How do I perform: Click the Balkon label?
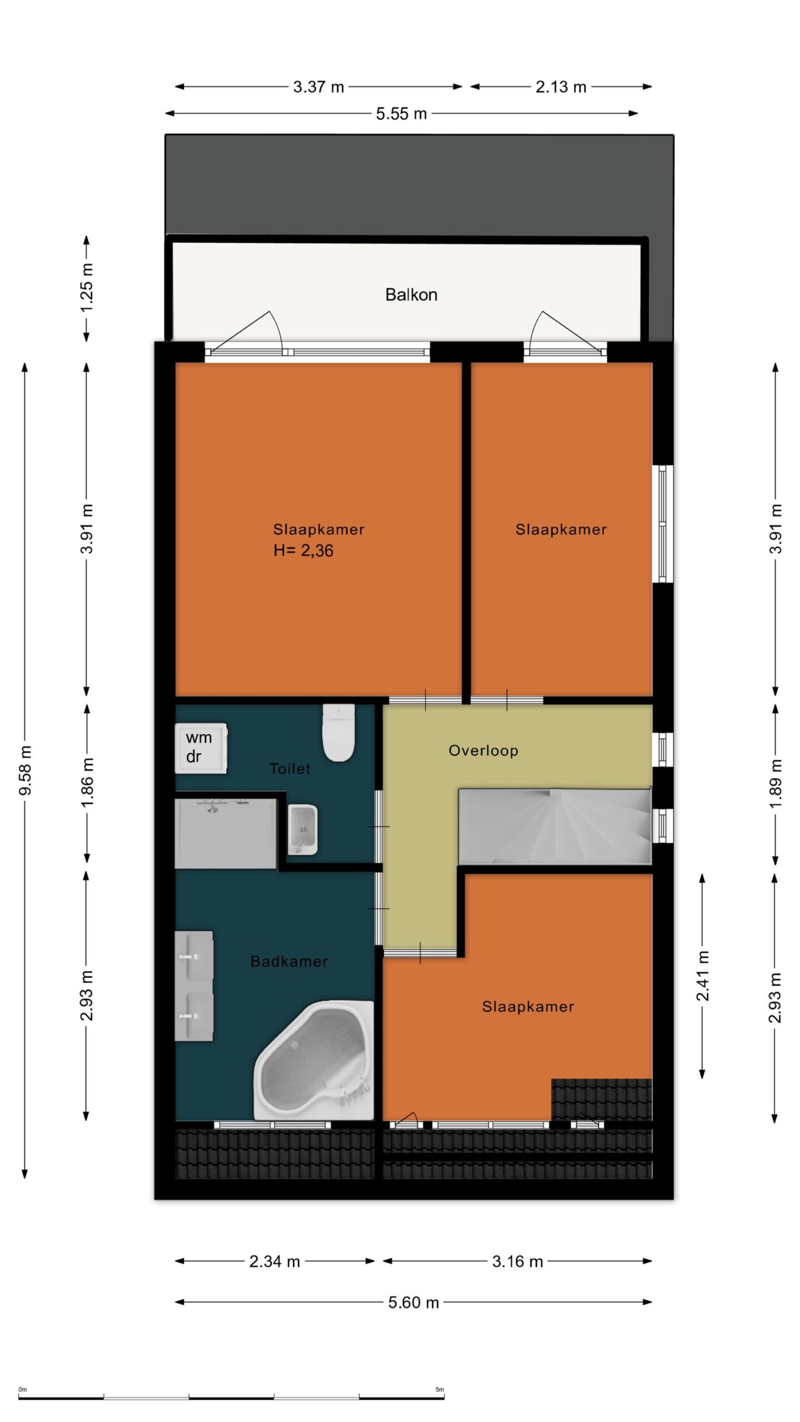point(411,294)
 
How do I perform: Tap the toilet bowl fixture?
point(338,733)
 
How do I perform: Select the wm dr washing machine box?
point(201,748)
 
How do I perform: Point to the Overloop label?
point(483,750)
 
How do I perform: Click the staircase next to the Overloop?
point(554,825)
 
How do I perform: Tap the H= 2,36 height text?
point(303,550)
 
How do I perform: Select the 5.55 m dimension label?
point(401,114)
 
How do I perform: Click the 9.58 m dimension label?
point(26,770)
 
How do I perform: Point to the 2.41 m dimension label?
point(703,975)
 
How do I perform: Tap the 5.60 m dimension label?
point(413,1302)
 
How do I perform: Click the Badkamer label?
point(289,961)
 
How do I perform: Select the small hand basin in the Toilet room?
point(303,830)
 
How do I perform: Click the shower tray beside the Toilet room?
point(226,833)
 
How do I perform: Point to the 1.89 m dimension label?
point(776,784)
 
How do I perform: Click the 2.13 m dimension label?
point(561,87)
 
